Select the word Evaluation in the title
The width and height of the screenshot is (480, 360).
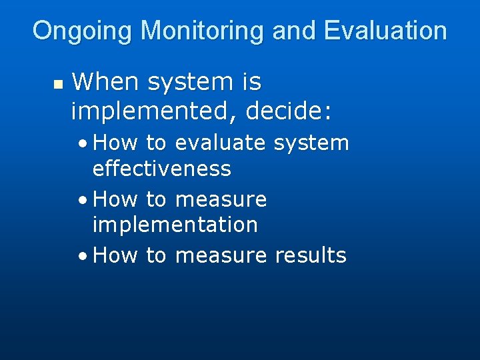385,31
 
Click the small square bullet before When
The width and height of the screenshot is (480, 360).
57,85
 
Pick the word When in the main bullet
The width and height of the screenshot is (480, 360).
106,82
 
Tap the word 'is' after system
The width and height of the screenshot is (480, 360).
251,82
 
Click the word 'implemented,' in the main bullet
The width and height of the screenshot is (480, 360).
155,111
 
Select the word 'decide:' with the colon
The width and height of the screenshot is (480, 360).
288,111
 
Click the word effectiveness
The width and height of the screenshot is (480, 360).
161,169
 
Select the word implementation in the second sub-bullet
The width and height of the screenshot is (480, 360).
175,225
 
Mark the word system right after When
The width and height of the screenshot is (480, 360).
194,82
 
